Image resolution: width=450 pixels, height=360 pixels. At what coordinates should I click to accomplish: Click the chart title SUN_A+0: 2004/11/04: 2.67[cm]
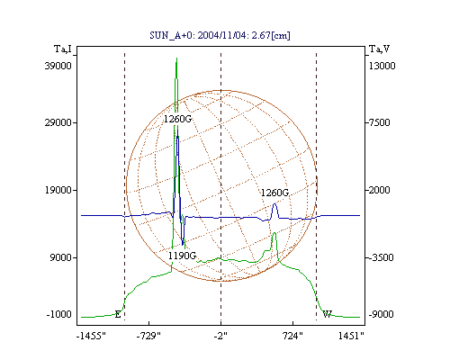click(x=220, y=35)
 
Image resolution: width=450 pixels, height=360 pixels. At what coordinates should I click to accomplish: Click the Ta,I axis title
click(x=63, y=49)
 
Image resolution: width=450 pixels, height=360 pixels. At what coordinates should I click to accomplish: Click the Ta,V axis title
click(x=380, y=49)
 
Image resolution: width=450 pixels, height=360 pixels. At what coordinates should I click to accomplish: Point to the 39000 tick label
click(x=58, y=66)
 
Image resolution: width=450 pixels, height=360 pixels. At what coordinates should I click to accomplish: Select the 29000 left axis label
click(x=58, y=122)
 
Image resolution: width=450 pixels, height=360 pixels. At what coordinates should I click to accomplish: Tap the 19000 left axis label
click(x=58, y=190)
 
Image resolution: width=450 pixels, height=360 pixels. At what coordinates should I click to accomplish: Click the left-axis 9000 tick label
click(x=61, y=257)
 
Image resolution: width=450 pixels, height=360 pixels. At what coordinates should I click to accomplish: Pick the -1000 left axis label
click(x=59, y=314)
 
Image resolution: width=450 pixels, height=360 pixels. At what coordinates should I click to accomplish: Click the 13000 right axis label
click(x=382, y=66)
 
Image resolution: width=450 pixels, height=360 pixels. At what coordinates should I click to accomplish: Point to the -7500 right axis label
click(x=379, y=122)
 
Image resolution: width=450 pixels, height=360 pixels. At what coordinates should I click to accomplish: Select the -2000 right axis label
click(x=379, y=190)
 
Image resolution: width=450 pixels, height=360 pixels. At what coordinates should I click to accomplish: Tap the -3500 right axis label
click(x=381, y=257)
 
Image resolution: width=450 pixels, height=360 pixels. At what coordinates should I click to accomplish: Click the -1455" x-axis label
click(x=91, y=336)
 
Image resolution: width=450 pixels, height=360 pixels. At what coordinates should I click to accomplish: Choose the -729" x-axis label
click(x=148, y=336)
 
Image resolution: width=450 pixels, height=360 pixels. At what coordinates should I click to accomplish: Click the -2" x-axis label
click(x=220, y=336)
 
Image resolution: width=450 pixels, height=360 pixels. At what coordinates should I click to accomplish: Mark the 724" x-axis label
click(x=292, y=336)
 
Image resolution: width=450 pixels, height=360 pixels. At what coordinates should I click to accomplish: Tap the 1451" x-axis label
click(x=351, y=336)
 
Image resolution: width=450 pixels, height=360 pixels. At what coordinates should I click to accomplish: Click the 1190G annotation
click(x=182, y=256)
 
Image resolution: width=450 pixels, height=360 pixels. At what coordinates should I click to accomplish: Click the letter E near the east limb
click(x=118, y=315)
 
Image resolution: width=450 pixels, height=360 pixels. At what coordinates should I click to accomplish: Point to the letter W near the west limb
click(x=328, y=314)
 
